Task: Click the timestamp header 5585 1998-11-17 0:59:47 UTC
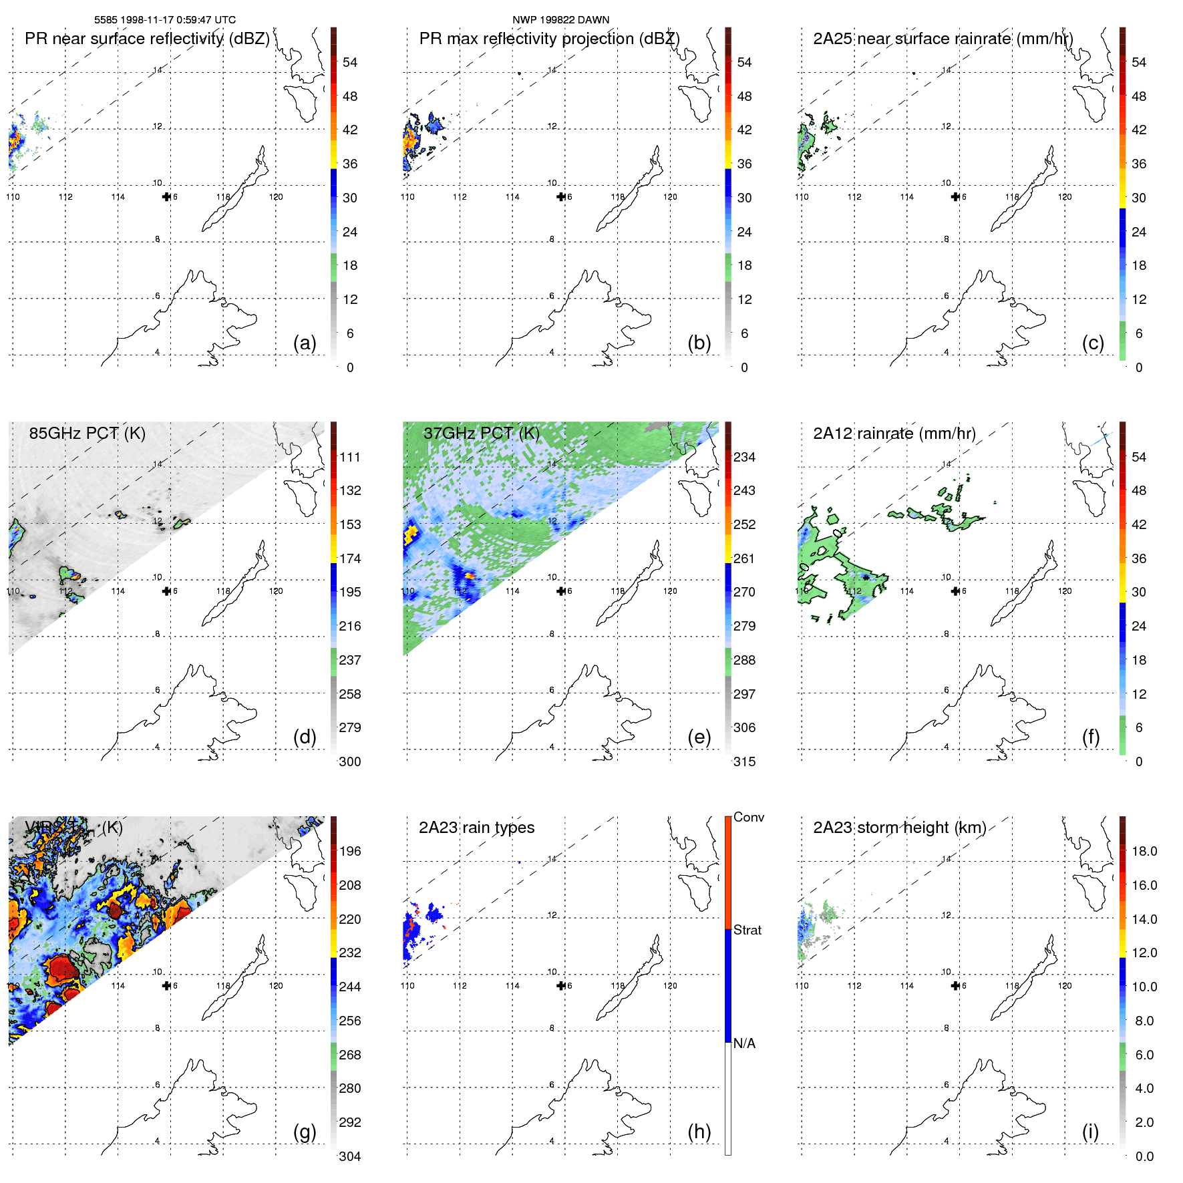point(164,20)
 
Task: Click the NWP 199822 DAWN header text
point(560,20)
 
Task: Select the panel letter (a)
point(305,343)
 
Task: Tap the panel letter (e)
point(699,737)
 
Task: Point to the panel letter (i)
point(1090,1131)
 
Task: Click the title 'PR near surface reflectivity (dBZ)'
point(147,39)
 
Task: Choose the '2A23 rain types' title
point(476,828)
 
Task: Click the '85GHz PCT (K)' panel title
point(87,434)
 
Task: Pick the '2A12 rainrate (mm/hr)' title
point(894,434)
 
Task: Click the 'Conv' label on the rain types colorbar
point(748,817)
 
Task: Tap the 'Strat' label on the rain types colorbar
point(747,930)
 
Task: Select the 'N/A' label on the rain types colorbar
point(744,1043)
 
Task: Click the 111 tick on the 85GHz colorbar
point(350,457)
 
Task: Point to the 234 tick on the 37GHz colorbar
point(744,457)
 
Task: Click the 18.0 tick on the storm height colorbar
point(1144,851)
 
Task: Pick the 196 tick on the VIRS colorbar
point(350,851)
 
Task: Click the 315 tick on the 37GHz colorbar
point(744,762)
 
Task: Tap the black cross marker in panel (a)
point(166,196)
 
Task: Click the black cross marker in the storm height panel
point(955,985)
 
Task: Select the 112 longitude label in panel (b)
point(460,197)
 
